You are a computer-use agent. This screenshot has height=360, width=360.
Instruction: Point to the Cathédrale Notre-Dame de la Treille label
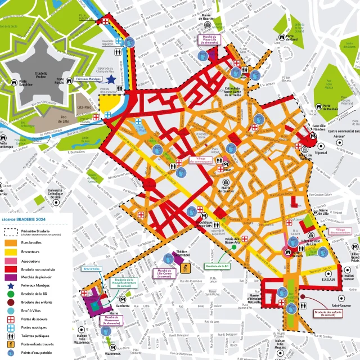(x=232, y=92)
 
